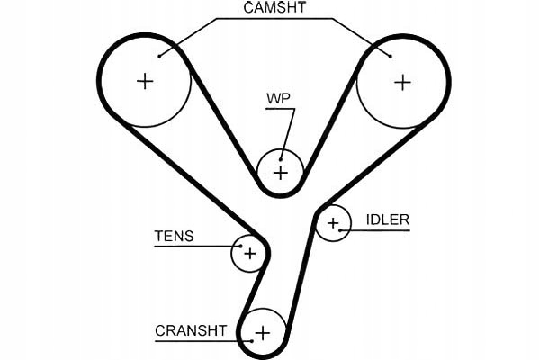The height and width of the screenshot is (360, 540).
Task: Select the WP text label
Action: (277, 97)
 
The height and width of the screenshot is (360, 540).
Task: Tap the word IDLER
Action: (388, 219)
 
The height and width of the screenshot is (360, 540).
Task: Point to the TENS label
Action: (174, 237)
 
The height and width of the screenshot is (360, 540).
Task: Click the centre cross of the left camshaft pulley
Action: (145, 82)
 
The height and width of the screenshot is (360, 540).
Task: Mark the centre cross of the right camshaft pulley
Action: (401, 82)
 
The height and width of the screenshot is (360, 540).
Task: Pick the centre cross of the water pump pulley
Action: (281, 171)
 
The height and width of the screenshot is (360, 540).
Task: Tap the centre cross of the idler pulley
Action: (333, 222)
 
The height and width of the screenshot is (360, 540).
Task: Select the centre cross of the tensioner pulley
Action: (250, 253)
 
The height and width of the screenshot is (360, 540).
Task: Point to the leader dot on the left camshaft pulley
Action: (159, 56)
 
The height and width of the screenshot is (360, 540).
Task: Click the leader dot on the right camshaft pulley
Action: (390, 56)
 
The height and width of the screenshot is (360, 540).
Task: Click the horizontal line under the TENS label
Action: (184, 246)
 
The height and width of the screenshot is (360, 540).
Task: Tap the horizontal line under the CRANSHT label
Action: (193, 340)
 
